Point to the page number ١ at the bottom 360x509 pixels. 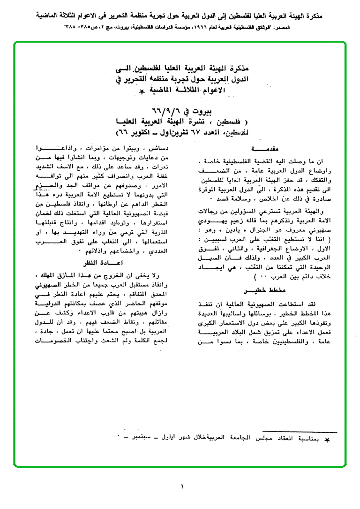[182, 486]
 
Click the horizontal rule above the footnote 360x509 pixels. [300, 430]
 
